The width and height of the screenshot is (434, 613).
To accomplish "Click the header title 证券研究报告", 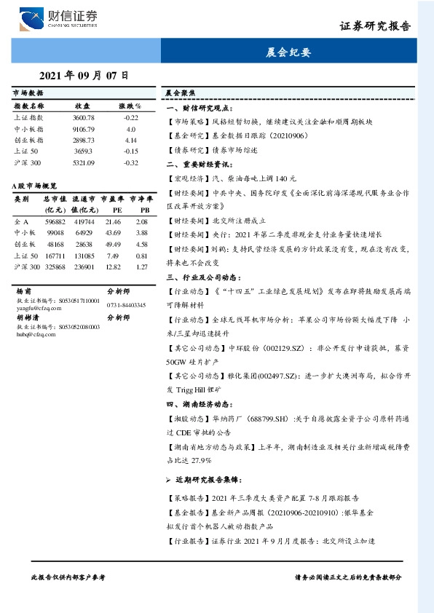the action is [x=375, y=26].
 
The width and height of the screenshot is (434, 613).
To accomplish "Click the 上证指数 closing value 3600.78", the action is [x=84, y=117].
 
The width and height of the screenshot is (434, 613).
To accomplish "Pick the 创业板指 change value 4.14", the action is [x=131, y=139].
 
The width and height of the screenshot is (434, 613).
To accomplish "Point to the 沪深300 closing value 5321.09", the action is [x=84, y=162].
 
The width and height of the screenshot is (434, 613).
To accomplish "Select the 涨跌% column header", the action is [x=130, y=106].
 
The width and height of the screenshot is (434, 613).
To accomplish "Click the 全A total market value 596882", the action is [x=55, y=221].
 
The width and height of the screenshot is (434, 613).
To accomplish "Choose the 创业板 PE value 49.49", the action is [x=113, y=244].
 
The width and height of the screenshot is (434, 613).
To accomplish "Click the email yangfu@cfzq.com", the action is [x=36, y=306].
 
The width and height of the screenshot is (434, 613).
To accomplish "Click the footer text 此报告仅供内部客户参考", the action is [x=68, y=577].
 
